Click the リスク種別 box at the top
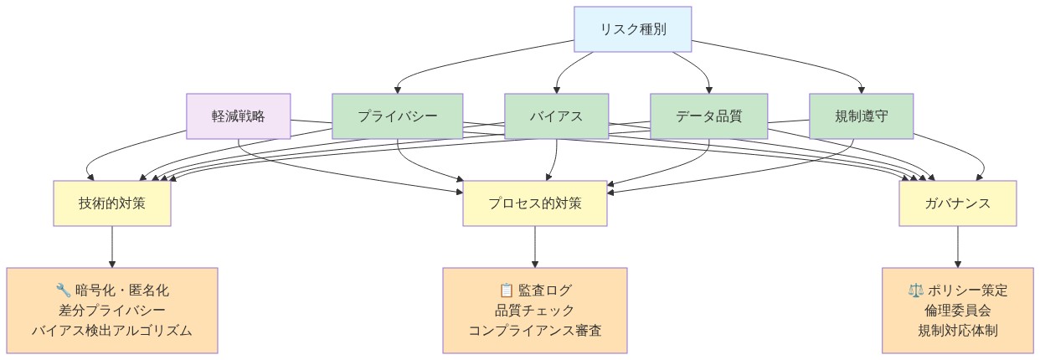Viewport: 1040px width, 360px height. [x=632, y=28]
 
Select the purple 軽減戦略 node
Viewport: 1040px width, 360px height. [x=239, y=116]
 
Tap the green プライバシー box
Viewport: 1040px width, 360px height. [x=397, y=116]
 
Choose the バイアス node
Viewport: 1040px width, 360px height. [x=556, y=116]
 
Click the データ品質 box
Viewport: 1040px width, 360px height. [x=708, y=116]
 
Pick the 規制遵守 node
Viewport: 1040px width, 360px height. [x=861, y=116]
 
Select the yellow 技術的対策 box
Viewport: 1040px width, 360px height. [x=112, y=203]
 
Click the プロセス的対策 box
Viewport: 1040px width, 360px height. [x=534, y=203]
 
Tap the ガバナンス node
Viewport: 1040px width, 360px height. [x=958, y=203]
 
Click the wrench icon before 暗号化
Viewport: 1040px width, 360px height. [x=63, y=291]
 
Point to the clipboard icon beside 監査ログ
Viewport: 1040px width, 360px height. [x=506, y=291]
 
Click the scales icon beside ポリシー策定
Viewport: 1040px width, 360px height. [x=915, y=291]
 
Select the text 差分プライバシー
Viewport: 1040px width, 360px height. [x=112, y=311]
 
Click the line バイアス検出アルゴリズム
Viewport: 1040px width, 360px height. [x=112, y=331]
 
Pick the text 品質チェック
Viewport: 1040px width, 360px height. [x=534, y=311]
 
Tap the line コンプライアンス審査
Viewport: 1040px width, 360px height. [x=534, y=331]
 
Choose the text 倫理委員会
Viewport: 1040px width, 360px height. [x=958, y=311]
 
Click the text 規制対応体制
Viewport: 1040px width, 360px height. [x=958, y=331]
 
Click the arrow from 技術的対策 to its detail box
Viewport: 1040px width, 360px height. [x=112, y=247]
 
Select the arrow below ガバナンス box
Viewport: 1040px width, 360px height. [x=958, y=247]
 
